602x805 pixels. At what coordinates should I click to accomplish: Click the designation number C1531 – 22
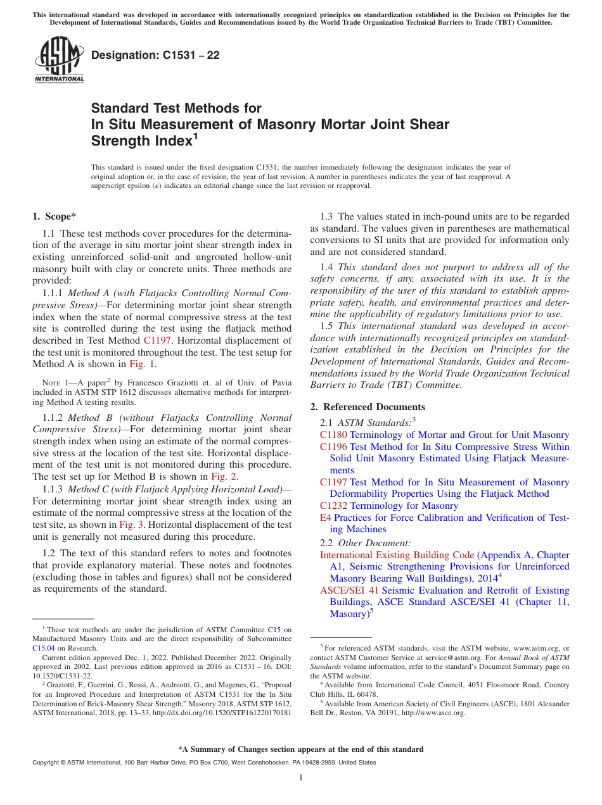(155, 55)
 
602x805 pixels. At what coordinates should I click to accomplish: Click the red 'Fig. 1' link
(143, 364)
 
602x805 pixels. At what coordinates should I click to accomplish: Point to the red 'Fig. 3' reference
(131, 524)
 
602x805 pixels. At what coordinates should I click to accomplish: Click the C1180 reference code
(333, 435)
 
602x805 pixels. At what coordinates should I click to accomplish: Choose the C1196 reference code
(333, 447)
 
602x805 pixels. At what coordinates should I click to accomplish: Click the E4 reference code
(325, 518)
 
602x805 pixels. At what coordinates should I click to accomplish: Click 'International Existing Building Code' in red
(397, 555)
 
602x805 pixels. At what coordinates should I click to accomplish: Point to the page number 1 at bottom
(301, 777)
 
